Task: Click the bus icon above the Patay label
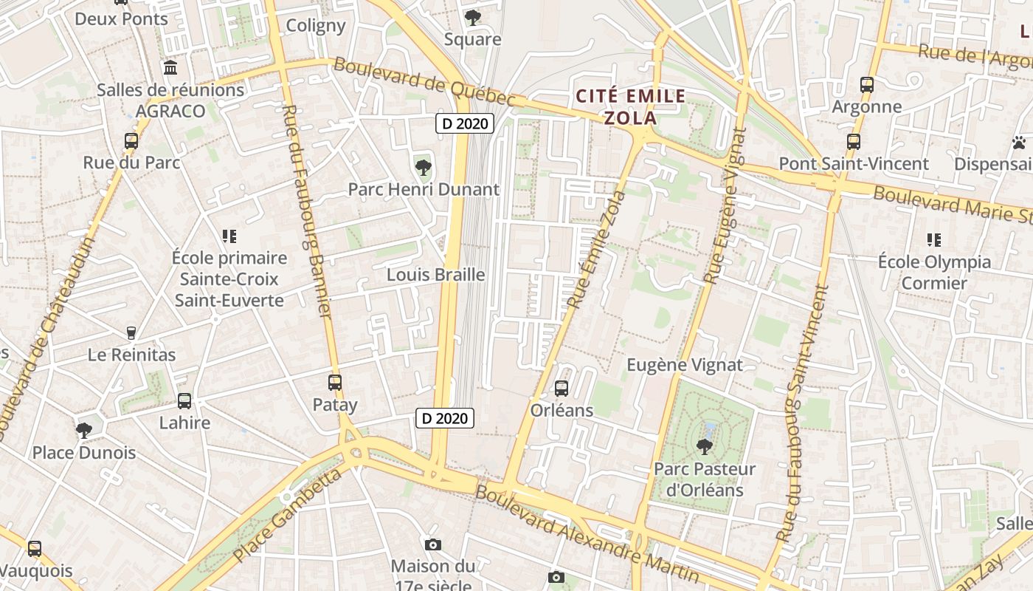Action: click(335, 383)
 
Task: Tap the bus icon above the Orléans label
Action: click(562, 388)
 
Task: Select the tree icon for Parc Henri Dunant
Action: click(424, 168)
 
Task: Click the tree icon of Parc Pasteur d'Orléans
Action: click(705, 446)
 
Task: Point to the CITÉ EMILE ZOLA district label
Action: click(631, 106)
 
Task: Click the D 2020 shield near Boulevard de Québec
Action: click(465, 123)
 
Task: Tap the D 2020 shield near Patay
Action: click(444, 418)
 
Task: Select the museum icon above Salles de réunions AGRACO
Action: click(170, 68)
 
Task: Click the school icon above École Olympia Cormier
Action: click(934, 240)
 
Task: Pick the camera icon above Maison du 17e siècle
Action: click(433, 545)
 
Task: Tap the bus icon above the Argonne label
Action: click(867, 85)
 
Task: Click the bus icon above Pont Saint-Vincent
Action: click(854, 142)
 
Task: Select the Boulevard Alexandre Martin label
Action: click(587, 533)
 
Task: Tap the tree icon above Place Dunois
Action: click(83, 430)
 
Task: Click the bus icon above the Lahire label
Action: click(184, 401)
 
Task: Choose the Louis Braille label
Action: click(436, 275)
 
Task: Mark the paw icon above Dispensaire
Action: click(1020, 143)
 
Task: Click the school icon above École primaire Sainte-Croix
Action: click(229, 236)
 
